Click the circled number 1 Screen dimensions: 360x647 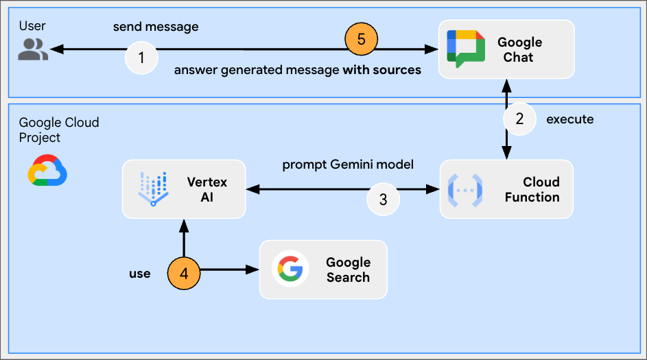coord(141,58)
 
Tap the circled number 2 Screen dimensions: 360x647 coord(519,119)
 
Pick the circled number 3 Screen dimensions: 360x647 coord(383,200)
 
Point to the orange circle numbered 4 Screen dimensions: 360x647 coord(184,272)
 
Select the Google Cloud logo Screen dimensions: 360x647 coord(47,170)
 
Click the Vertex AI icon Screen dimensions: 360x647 coord(153,189)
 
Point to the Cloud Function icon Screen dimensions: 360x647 coord(465,190)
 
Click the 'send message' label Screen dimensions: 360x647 coord(156,27)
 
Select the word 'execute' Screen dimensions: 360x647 coord(569,119)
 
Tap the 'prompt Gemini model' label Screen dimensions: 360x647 coord(348,165)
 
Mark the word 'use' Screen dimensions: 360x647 coord(140,274)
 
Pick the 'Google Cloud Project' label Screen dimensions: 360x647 coord(59,130)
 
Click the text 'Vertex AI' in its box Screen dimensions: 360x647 coord(207,189)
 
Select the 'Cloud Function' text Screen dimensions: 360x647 coord(532,189)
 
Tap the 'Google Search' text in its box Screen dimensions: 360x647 coord(348,269)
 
